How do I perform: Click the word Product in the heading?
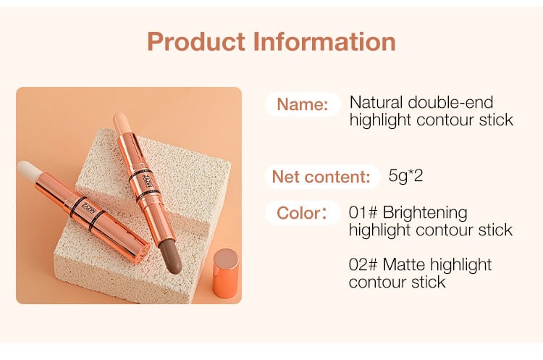click(196, 41)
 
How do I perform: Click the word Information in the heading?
click(324, 41)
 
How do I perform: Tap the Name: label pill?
click(303, 104)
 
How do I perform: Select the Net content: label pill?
click(321, 177)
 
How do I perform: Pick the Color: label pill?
click(303, 213)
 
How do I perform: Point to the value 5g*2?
click(405, 176)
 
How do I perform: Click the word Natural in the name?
click(376, 103)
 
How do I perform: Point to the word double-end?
click(450, 103)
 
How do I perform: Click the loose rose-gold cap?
click(226, 273)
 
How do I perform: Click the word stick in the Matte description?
click(428, 282)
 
